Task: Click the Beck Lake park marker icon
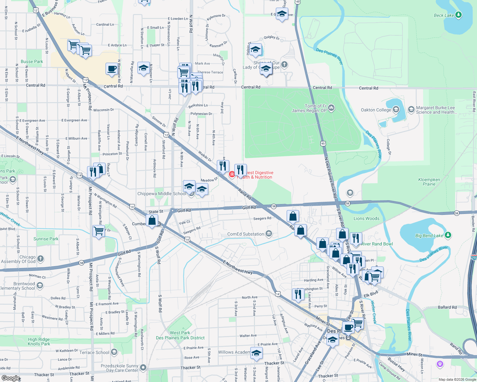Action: (459, 15)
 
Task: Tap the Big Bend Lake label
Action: (429, 236)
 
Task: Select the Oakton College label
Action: (376, 110)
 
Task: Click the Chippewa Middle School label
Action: (162, 194)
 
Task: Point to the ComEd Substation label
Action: (246, 234)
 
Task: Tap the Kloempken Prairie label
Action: (429, 182)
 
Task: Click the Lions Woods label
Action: (366, 218)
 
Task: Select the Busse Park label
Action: (32, 61)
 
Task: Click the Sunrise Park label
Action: (46, 239)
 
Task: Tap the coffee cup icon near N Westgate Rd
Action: (112, 69)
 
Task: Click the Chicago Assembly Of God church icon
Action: (40, 258)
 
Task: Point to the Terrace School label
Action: (94, 352)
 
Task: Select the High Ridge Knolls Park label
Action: (39, 342)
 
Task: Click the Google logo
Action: (11, 378)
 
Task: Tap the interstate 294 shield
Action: (474, 257)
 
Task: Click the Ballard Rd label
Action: (447, 307)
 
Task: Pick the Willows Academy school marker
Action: (256, 353)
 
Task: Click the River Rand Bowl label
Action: (377, 244)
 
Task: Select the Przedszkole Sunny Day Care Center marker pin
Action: (143, 367)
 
